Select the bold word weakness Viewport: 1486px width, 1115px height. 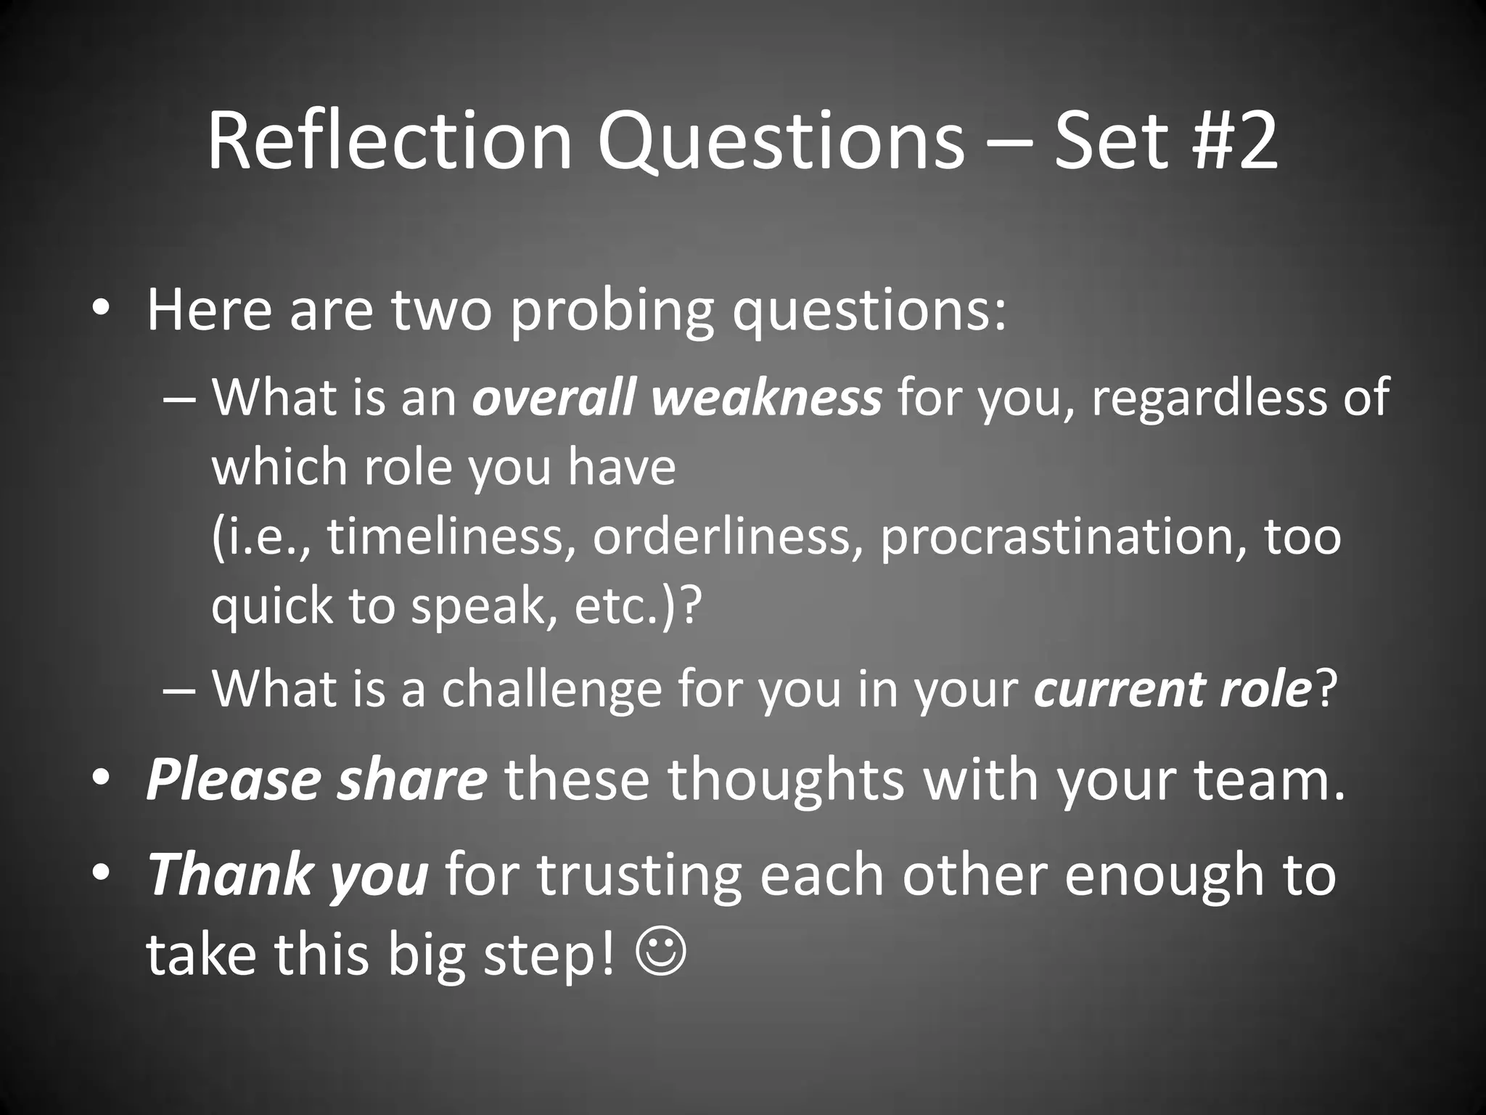click(767, 398)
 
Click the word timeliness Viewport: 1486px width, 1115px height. click(446, 537)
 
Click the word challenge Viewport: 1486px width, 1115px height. click(551, 688)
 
